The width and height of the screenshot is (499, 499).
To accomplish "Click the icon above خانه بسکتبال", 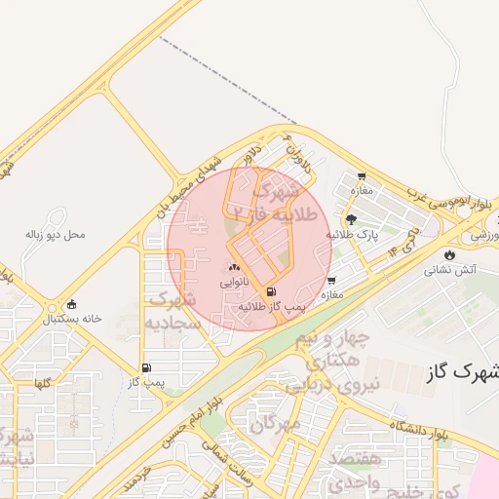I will click(x=70, y=304).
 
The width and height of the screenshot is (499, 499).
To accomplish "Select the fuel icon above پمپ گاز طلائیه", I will click(x=270, y=291).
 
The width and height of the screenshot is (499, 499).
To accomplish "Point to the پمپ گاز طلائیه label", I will click(x=273, y=306).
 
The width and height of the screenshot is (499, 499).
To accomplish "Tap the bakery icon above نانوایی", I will click(x=234, y=267).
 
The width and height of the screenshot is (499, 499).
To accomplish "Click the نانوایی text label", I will click(x=234, y=282).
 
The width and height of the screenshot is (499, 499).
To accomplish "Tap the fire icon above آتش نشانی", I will click(x=449, y=255).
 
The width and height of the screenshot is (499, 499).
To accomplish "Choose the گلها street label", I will click(x=42, y=384).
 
